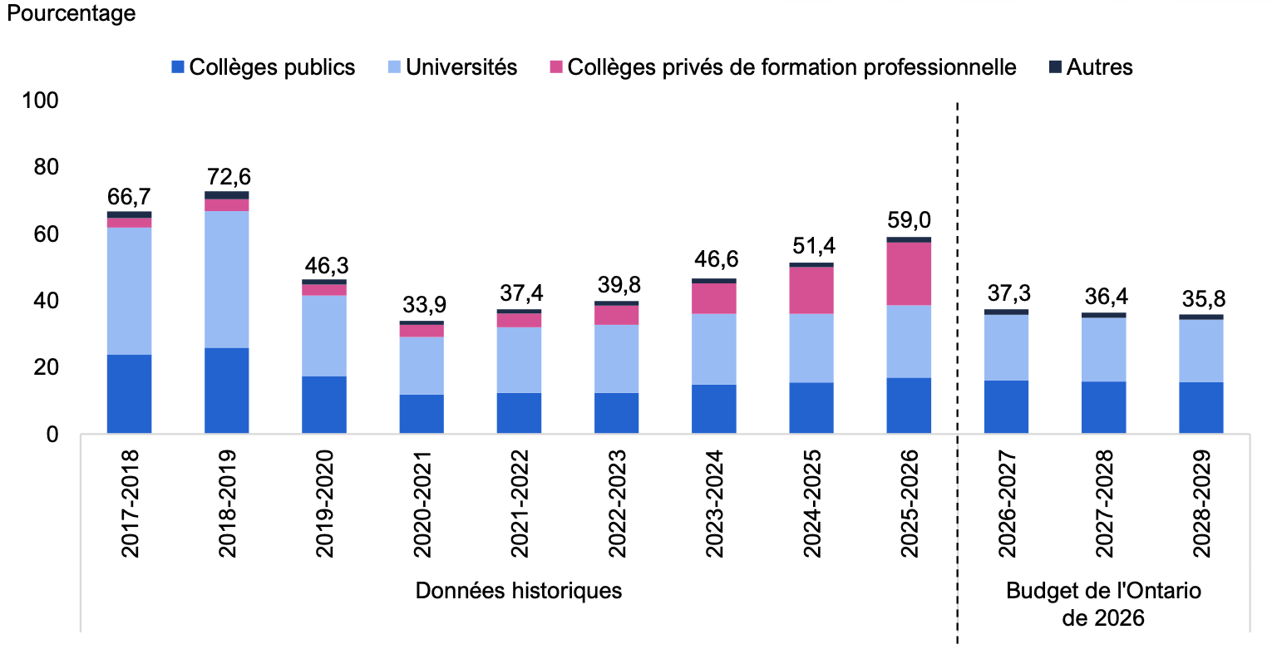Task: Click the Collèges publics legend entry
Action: click(264, 67)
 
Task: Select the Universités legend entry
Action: click(452, 67)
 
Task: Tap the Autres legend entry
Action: click(1091, 67)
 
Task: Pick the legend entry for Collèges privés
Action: click(783, 67)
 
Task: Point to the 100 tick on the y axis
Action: click(40, 101)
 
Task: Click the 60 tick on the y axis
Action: click(47, 234)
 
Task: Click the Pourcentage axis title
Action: click(71, 13)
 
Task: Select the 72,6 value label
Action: click(229, 177)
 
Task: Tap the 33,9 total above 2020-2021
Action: click(424, 305)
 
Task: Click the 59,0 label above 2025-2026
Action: click(909, 220)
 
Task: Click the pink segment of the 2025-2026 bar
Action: click(909, 273)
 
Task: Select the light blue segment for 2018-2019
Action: click(227, 280)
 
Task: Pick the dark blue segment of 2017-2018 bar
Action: click(130, 394)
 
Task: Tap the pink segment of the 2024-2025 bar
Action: click(811, 291)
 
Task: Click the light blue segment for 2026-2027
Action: click(1006, 347)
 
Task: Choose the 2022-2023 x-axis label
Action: click(618, 504)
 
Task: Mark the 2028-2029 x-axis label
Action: click(1202, 504)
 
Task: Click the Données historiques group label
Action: click(519, 591)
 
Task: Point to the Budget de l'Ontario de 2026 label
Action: click(1104, 605)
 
